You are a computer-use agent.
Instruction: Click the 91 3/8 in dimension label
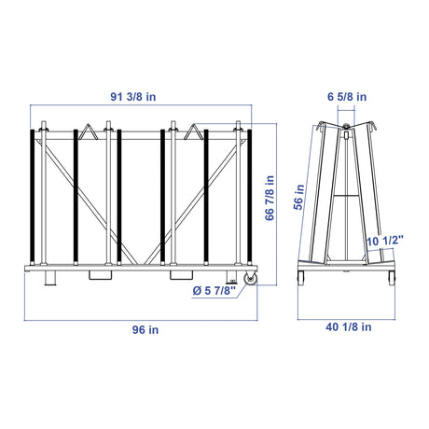coord(133,97)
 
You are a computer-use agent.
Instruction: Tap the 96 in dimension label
coord(145,330)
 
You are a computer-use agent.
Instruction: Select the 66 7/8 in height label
coord(270,198)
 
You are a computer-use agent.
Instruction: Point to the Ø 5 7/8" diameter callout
coord(214,291)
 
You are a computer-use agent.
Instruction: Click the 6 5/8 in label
coord(347,97)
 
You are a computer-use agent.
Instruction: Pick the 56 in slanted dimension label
coord(298,197)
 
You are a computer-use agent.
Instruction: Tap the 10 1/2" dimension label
coord(384,241)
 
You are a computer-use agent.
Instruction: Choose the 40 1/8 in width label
coord(348,327)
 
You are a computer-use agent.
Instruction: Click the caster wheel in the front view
coord(251,279)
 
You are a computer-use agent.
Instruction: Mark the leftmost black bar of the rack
coord(32,196)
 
